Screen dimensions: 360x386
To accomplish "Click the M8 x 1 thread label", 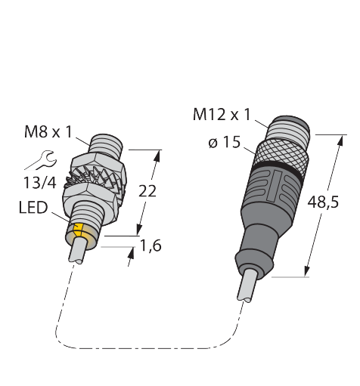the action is tap(48, 131).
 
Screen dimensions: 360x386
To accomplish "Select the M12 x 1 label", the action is tap(222, 115).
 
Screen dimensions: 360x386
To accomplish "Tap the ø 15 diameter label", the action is tap(225, 142).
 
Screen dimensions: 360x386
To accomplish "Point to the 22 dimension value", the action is tap(147, 191).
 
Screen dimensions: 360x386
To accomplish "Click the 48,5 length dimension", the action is tap(323, 202).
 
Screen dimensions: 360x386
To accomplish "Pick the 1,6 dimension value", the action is tap(151, 246).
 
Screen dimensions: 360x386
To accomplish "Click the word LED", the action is tap(33, 208).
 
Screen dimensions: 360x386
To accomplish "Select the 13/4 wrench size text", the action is tap(40, 183).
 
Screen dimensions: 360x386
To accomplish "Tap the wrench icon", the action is tap(42, 160).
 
